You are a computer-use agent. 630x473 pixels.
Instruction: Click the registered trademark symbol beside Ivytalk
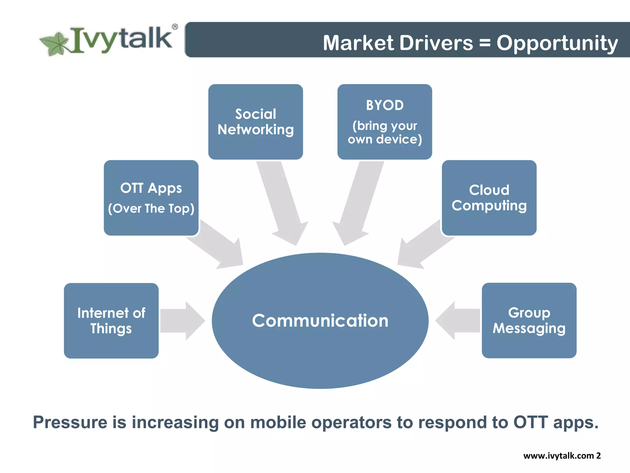175,27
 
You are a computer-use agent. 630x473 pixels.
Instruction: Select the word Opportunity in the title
557,43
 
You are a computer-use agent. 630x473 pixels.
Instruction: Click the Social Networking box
255,122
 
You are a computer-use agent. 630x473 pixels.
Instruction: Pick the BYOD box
385,122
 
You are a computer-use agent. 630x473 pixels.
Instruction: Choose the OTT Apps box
151,198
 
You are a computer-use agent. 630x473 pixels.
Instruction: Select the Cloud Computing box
489,198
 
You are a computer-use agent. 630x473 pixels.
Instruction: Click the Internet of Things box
111,321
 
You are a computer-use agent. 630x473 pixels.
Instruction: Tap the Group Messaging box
529,321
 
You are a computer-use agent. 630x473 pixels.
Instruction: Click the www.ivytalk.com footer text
558,456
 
